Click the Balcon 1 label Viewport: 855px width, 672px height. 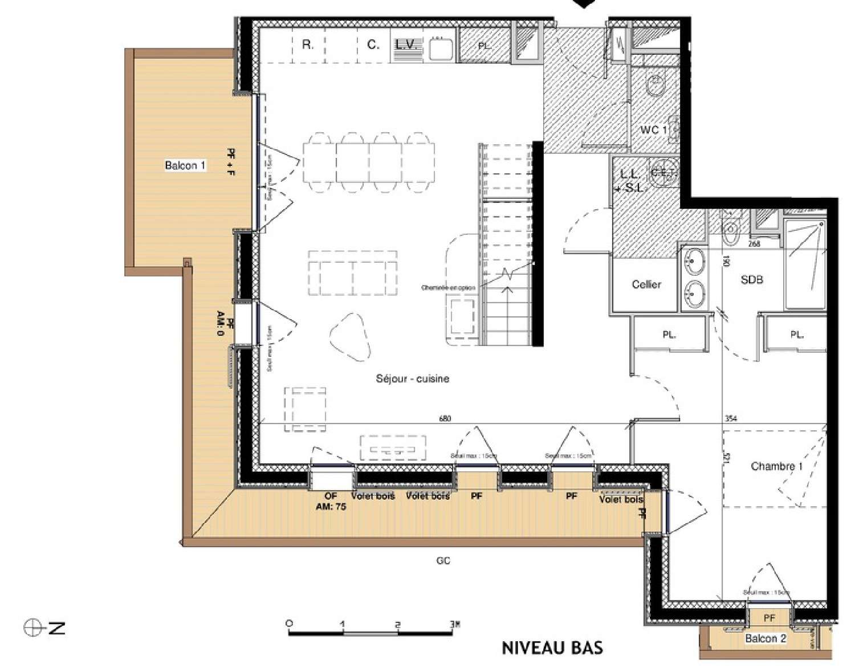185,165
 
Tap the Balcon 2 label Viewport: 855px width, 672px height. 765,638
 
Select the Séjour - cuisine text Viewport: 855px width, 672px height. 412,378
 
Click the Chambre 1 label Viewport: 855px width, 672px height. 776,466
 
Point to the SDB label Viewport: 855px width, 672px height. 751,279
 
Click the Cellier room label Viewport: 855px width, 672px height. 646,284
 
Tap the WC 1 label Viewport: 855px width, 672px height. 653,130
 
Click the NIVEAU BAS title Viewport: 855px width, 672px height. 552,648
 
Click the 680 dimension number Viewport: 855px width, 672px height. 445,418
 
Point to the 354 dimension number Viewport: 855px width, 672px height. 730,418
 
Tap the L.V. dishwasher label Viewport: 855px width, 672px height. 407,44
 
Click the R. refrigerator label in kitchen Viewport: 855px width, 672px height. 307,44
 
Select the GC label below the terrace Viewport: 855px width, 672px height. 443,561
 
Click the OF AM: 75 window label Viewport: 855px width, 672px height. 331,501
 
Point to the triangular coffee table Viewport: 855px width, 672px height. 351,336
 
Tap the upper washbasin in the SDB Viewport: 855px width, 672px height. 695,262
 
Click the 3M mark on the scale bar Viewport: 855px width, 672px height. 454,624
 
